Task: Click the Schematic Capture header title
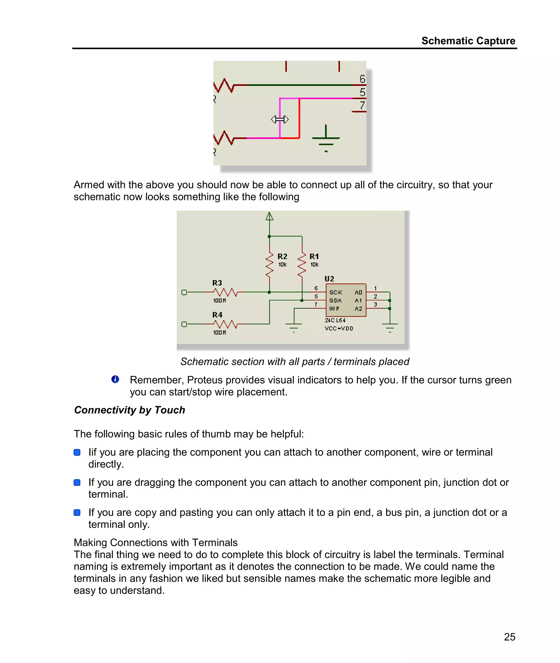click(468, 41)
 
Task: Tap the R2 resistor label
click(282, 256)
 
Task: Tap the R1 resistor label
click(314, 256)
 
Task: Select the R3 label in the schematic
click(217, 282)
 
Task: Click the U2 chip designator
click(329, 279)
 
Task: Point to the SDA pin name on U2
click(335, 300)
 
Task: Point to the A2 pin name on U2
click(358, 308)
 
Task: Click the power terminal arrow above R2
click(269, 217)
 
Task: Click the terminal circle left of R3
click(184, 292)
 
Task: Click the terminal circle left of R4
click(184, 324)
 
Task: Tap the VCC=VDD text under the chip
click(339, 328)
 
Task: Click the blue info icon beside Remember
click(115, 379)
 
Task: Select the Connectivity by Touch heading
click(130, 410)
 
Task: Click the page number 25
click(509, 637)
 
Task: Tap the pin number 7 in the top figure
click(362, 105)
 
